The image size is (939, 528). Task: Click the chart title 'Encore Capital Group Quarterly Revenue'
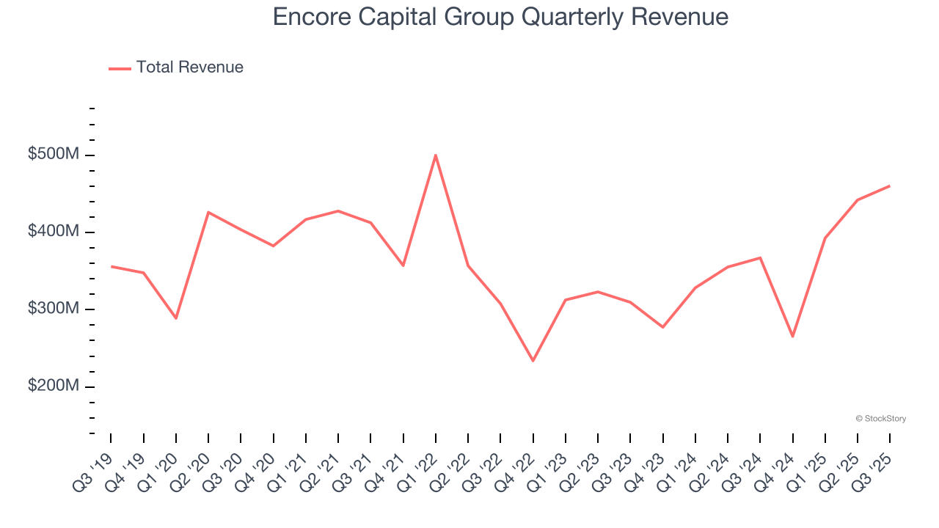500,17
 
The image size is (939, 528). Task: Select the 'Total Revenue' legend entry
176,67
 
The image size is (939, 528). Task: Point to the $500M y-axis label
53,155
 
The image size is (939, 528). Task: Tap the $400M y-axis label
53,232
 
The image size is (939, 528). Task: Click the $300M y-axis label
53,309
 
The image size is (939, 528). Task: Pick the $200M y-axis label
53,386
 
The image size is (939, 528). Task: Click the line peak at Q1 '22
436,155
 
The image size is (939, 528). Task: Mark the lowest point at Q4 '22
533,361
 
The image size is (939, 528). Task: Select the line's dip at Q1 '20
176,318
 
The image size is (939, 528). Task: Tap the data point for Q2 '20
208,213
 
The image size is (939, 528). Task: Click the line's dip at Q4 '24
792,337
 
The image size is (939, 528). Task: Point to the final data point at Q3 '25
889,186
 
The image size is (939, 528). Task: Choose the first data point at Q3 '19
112,266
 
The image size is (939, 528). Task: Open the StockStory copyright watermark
880,419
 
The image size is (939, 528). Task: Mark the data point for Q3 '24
760,257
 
